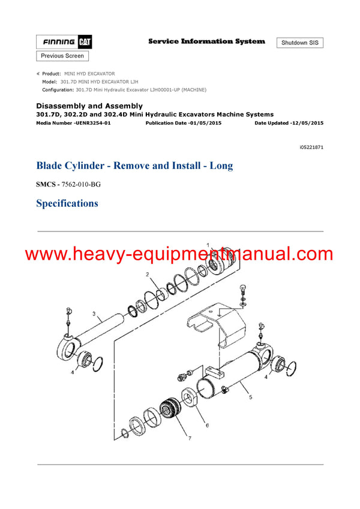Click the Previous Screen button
[x=62, y=56]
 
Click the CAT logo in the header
[x=83, y=42]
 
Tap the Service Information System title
[x=206, y=41]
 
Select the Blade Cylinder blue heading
[x=134, y=165]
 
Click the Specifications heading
[x=67, y=203]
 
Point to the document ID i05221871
[x=311, y=147]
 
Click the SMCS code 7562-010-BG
[x=82, y=184]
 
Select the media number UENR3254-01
[x=89, y=122]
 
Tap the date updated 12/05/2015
[x=306, y=122]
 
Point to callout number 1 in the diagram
[x=208, y=245]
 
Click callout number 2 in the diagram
[x=146, y=274]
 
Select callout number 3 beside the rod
[x=94, y=313]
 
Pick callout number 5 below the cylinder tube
[x=250, y=397]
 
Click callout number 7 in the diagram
[x=190, y=438]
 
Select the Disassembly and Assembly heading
[x=89, y=106]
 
